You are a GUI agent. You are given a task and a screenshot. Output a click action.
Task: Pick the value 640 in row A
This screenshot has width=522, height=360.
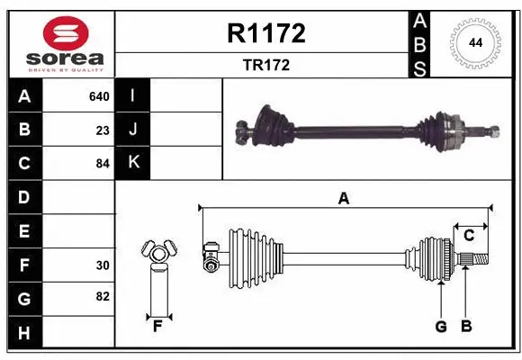[99, 96]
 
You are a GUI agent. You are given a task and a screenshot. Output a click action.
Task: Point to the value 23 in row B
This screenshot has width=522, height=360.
[103, 130]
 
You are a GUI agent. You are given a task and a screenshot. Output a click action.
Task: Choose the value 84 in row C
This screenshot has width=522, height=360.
[103, 164]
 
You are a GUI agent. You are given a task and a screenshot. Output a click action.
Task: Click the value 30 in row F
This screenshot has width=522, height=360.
[103, 265]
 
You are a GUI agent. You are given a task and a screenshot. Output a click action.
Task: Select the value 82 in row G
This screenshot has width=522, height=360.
[103, 296]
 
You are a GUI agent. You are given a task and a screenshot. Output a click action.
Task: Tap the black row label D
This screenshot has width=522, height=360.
[24, 197]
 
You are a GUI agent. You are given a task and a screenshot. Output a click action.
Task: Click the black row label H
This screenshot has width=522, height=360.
[24, 333]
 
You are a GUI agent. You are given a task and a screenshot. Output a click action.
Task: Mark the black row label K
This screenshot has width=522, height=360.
[133, 163]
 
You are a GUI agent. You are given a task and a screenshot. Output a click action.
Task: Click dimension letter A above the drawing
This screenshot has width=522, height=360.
[343, 199]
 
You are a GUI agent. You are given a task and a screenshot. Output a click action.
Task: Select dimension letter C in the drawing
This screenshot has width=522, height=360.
[469, 235]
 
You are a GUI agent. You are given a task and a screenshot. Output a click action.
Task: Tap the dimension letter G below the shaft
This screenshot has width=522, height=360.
[441, 327]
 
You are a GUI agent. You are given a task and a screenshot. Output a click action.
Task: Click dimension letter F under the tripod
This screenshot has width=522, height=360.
[157, 326]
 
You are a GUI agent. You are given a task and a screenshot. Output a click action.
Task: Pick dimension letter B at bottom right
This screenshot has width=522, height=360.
[466, 327]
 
